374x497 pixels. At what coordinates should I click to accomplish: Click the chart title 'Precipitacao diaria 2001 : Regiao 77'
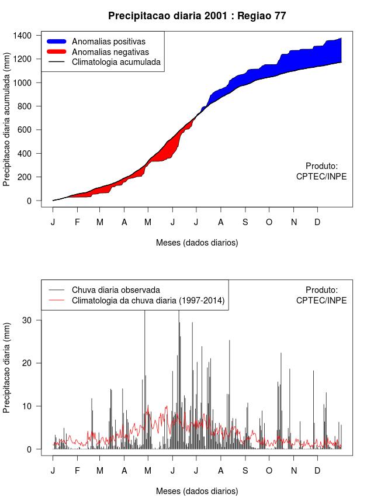click(197, 16)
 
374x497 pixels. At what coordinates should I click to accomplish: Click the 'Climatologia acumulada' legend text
click(116, 61)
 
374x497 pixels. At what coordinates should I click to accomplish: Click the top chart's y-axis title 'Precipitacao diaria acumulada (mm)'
click(7, 124)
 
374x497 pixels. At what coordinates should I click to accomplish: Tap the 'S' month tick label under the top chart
click(245, 222)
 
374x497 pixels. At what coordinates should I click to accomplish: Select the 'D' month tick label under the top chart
click(317, 222)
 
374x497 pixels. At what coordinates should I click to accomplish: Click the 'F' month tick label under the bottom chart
click(77, 471)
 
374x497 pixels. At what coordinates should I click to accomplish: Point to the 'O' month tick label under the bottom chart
click(269, 471)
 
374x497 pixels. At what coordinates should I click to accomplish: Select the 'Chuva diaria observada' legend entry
click(115, 290)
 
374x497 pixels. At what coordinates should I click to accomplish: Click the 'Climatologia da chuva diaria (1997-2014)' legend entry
click(148, 301)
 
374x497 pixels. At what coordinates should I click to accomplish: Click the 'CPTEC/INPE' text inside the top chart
click(321, 177)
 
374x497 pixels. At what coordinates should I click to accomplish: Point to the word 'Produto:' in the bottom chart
click(321, 289)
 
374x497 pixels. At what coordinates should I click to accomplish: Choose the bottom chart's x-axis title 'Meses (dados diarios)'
click(197, 491)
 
